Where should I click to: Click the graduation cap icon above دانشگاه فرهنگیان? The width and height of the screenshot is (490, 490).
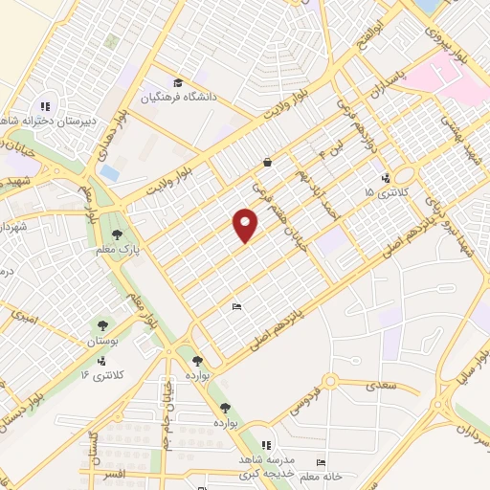pos(176,82)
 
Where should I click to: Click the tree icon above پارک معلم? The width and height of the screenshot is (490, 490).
pos(118,234)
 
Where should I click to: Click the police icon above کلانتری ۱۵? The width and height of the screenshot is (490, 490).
pos(385,177)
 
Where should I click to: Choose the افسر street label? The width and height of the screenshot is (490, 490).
pos(115,476)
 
